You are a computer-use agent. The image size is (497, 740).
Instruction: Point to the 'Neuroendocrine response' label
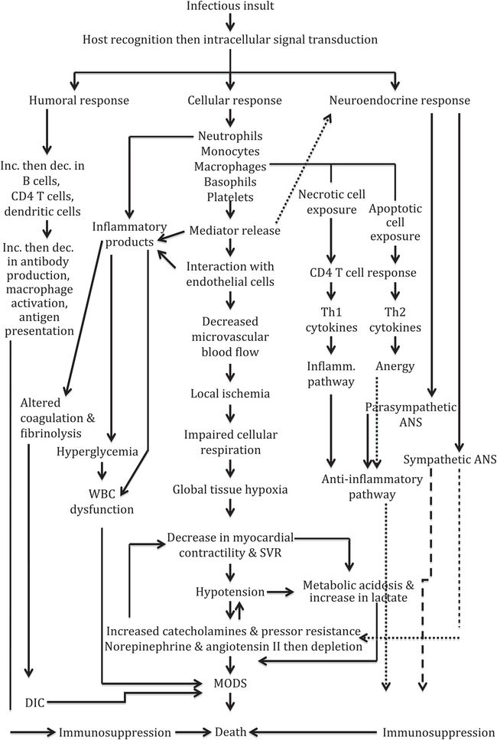(400, 100)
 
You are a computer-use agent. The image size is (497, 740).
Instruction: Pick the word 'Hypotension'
(229, 592)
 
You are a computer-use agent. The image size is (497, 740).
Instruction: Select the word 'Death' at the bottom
(230, 732)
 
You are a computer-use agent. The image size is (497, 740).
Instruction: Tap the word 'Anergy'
(395, 365)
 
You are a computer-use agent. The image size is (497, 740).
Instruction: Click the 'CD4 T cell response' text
(362, 273)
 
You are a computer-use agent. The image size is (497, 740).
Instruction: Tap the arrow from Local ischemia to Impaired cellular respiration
(230, 414)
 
